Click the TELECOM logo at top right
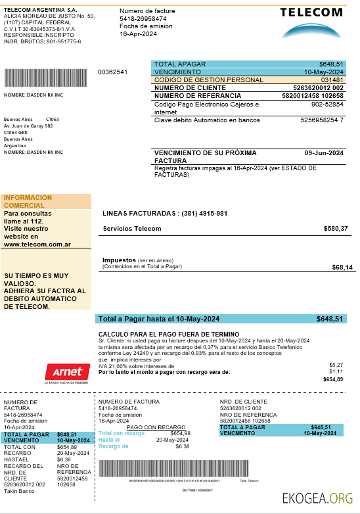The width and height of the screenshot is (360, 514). pos(311,21)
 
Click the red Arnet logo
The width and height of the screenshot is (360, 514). pos(66,371)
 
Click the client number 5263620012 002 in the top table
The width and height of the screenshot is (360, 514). pos(318,87)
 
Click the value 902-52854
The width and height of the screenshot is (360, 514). pos(327,105)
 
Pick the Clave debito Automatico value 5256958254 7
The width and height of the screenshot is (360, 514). pos(322,120)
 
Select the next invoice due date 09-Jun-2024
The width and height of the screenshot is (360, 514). pos(325,153)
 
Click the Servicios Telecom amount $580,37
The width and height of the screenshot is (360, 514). pos(336,229)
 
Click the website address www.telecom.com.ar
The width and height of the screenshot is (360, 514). pos(37,245)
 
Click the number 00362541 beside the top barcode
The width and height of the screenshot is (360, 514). pos(112,72)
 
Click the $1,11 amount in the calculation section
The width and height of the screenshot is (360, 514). pos(336,371)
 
